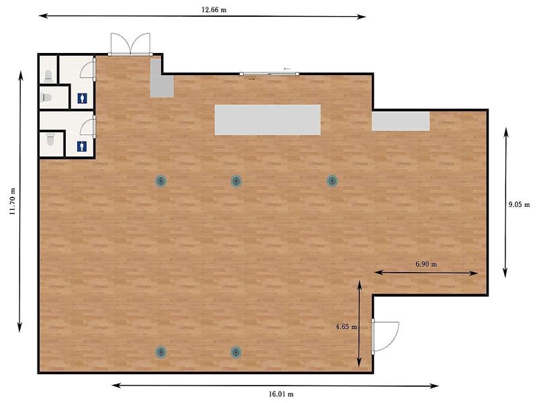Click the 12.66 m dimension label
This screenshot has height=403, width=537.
(x=213, y=9)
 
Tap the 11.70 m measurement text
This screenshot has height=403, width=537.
(x=13, y=201)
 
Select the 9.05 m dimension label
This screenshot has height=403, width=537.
(x=519, y=205)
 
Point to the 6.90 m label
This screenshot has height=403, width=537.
(x=426, y=264)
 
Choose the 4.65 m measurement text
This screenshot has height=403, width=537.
(x=346, y=326)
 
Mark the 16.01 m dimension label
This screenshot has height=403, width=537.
(x=281, y=394)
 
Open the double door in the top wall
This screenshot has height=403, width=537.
(x=130, y=44)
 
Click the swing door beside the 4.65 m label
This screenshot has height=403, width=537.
(x=385, y=337)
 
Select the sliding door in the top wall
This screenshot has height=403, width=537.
(x=269, y=74)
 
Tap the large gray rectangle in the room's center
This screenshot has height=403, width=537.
(x=268, y=120)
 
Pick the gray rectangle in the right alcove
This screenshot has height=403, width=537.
(x=401, y=122)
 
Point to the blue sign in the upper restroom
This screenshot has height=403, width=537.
(x=82, y=98)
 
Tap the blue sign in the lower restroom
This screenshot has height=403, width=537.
(x=81, y=146)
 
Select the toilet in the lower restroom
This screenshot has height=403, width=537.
(x=51, y=140)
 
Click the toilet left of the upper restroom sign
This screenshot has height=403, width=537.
(x=46, y=97)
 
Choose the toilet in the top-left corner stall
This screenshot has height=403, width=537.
(x=48, y=76)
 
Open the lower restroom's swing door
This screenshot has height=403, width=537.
(x=89, y=126)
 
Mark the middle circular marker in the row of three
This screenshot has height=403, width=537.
(x=236, y=181)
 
